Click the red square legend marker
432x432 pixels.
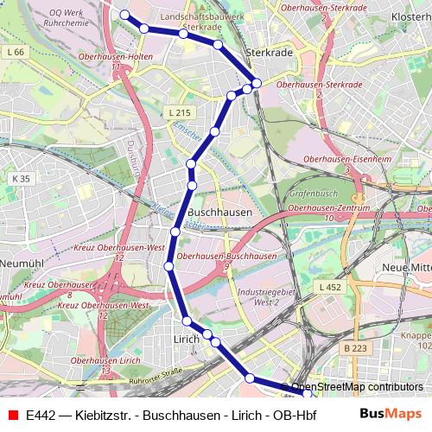point(12,415)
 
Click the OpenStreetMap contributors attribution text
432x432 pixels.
point(357,387)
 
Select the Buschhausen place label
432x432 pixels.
point(219,212)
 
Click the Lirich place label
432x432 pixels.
point(186,340)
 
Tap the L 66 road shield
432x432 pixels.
point(15,53)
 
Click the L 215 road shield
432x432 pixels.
point(179,112)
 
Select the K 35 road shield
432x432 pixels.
point(21,178)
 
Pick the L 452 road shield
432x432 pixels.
point(329,286)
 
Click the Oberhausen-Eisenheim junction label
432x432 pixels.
point(346,158)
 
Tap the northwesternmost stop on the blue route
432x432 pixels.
point(124,15)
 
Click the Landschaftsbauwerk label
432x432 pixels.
point(199,16)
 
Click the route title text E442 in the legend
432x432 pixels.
point(43,415)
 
